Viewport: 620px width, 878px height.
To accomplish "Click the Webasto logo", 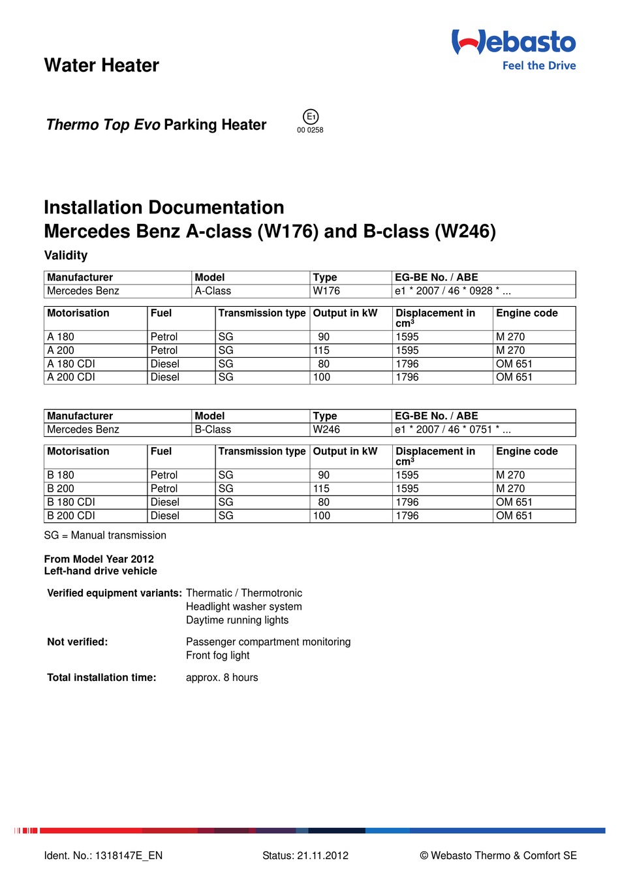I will [514, 42].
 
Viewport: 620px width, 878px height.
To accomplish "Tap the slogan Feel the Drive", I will [538, 65].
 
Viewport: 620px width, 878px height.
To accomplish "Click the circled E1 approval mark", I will [311, 117].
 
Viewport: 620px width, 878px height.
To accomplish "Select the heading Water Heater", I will [102, 65].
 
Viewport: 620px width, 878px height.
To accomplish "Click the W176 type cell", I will [326, 291].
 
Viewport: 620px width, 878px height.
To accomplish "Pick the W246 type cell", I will [326, 430].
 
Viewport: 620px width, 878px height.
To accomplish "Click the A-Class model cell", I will [213, 291].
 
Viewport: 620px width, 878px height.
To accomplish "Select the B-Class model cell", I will [213, 430].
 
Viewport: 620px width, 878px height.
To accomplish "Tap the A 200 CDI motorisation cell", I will [71, 377].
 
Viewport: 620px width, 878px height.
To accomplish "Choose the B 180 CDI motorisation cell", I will [71, 502].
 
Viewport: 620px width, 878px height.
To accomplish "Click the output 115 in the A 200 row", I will [322, 351].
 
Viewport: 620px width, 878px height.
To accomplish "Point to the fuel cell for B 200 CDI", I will [165, 516].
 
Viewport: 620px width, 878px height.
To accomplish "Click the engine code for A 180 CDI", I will [514, 364].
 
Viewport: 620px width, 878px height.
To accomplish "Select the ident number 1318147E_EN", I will [129, 856].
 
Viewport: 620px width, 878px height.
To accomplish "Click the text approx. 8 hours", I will [222, 678].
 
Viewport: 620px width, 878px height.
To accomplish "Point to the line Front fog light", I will [218, 655].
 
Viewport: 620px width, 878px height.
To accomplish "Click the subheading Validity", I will [66, 255].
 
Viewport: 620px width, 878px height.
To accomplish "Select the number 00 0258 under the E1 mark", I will [310, 130].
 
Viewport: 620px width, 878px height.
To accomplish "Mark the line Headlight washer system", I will [244, 606].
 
